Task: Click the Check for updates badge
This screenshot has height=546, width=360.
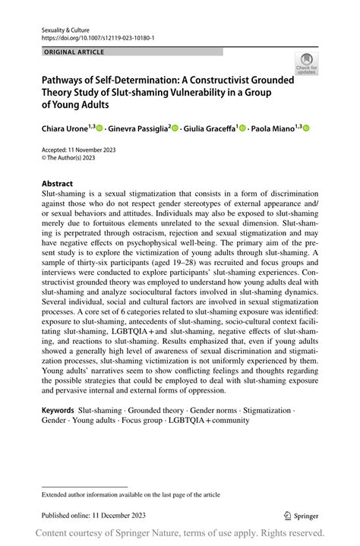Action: pyautogui.click(x=308, y=63)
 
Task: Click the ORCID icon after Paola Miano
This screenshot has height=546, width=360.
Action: pyautogui.click(x=307, y=129)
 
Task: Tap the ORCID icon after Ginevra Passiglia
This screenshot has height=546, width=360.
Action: pyautogui.click(x=175, y=129)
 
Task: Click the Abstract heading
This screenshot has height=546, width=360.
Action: pyautogui.click(x=57, y=184)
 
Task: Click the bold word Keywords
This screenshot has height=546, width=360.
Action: pyautogui.click(x=58, y=410)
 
